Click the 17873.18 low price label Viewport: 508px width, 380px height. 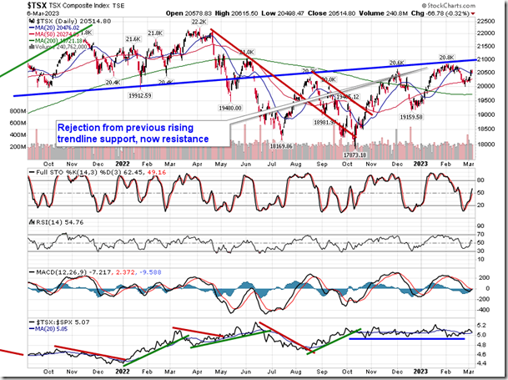point(356,155)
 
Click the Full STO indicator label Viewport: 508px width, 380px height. point(49,171)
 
